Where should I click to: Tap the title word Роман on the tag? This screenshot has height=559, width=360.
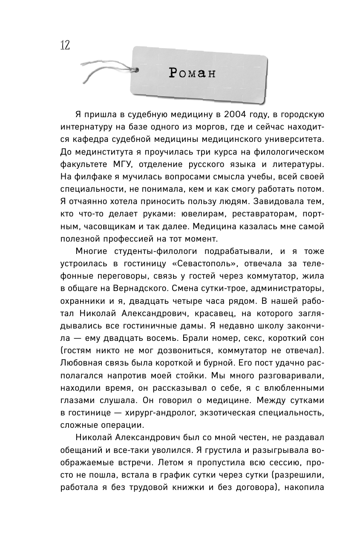[x=192, y=73]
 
